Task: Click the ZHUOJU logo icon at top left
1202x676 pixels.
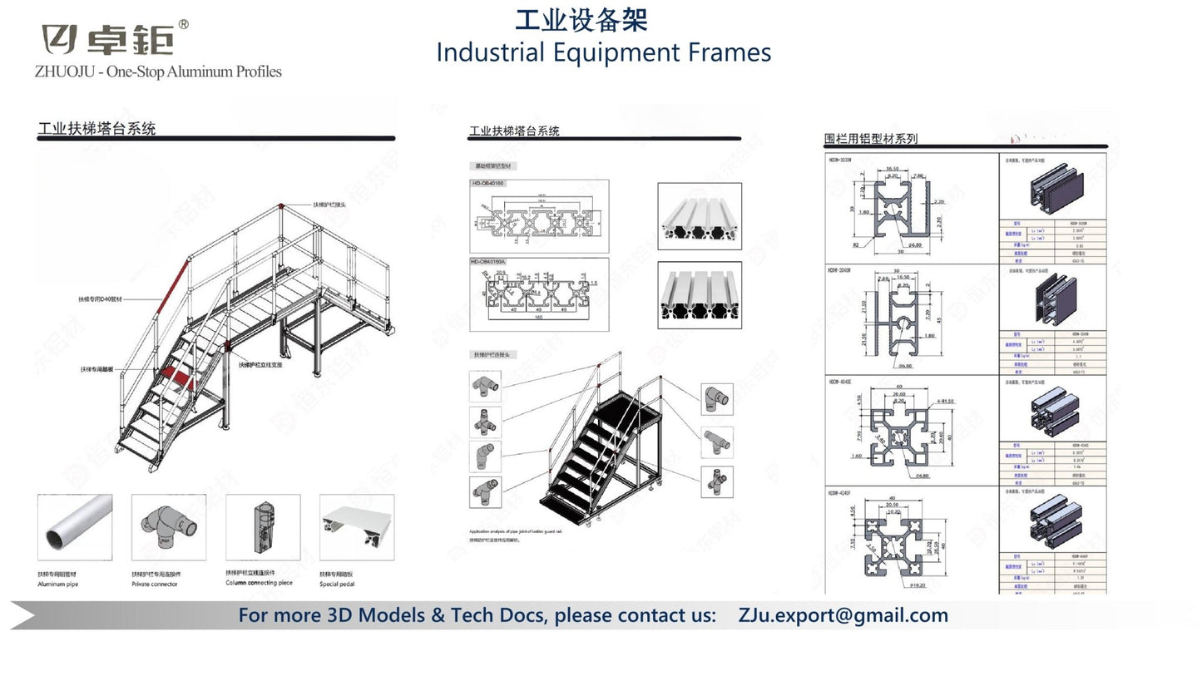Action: [x=61, y=39]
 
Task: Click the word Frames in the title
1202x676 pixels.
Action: [x=729, y=52]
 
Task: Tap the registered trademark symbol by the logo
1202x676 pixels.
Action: [x=184, y=24]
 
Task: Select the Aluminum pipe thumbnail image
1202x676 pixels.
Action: [x=74, y=527]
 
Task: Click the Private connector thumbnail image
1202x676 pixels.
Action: [x=168, y=527]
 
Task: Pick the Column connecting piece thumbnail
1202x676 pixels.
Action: [x=262, y=527]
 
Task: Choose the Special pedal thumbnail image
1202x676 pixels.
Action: [x=357, y=527]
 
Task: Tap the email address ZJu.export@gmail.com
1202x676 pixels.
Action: [x=843, y=615]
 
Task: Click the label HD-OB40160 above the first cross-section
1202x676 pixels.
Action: [x=487, y=183]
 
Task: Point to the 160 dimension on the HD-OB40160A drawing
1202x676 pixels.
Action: [x=538, y=317]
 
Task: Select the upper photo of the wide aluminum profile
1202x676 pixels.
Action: [x=699, y=216]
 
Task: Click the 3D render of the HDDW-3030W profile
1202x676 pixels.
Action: [x=1051, y=185]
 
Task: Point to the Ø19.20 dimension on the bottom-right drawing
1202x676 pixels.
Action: [x=895, y=585]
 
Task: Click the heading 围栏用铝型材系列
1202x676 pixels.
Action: [x=870, y=139]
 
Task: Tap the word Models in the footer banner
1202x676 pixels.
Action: [x=392, y=615]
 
